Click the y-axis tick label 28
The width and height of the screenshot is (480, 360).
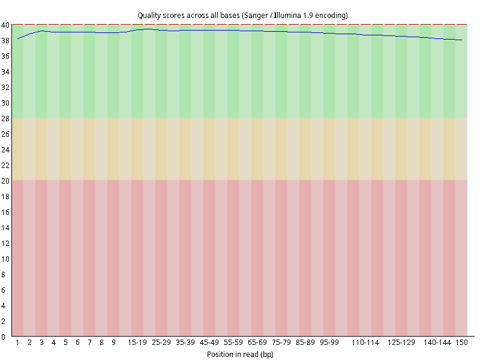tap(5, 118)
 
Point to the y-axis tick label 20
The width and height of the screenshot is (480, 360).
tap(5, 181)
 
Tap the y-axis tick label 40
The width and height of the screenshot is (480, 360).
tap(5, 25)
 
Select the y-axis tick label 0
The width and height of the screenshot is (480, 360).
tap(3, 337)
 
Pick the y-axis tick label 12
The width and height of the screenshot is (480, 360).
tap(5, 244)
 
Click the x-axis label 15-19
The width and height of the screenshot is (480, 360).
tap(137, 343)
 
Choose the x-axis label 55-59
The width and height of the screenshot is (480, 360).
tap(233, 343)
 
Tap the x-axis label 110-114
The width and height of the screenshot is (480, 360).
tap(365, 343)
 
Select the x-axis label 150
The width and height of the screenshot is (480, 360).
tap(461, 343)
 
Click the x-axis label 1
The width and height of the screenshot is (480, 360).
tap(17, 343)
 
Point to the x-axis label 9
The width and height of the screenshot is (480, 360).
tap(113, 343)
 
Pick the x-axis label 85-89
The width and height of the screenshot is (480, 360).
tap(305, 343)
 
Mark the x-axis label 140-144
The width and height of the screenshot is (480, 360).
tap(437, 343)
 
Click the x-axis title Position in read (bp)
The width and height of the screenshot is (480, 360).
tap(240, 355)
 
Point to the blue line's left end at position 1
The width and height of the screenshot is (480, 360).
tap(18, 39)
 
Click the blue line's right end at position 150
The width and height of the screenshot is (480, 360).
tap(461, 40)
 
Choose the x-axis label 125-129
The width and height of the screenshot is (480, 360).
tap(401, 343)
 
